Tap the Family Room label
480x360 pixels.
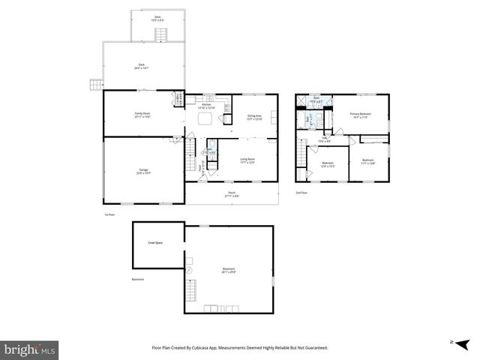tap(142, 113)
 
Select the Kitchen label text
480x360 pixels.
tap(205, 105)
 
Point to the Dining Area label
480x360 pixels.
tap(254, 115)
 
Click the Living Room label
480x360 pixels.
tap(247, 159)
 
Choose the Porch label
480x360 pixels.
tap(232, 193)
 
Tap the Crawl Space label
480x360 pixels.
tap(156, 243)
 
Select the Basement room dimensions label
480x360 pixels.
tap(228, 272)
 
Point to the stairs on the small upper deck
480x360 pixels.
tap(172, 34)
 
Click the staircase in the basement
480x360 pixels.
tap(193, 290)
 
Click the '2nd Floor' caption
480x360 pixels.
tap(301, 192)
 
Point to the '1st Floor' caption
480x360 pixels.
tap(109, 214)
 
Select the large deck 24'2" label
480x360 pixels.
tap(142, 67)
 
